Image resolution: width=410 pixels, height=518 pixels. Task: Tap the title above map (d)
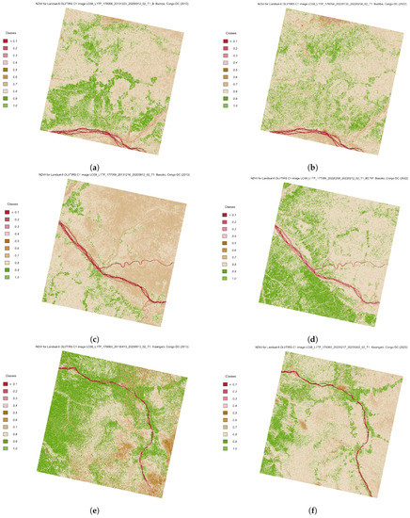(320, 176)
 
